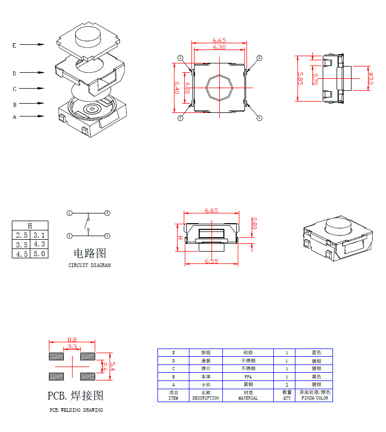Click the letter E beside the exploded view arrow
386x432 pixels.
point(14,45)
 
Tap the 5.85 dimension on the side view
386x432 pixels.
point(300,78)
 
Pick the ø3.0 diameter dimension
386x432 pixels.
point(371,78)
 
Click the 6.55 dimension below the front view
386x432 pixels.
point(212,261)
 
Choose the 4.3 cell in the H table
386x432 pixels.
point(39,244)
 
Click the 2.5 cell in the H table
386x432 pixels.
point(21,235)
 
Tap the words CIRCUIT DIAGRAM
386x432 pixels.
point(90,265)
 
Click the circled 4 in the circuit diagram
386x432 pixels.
point(107,236)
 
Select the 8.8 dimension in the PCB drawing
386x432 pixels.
point(72,340)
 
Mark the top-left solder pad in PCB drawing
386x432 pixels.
point(56,356)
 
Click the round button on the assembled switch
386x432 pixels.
point(339,226)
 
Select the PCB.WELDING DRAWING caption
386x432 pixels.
point(76,410)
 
